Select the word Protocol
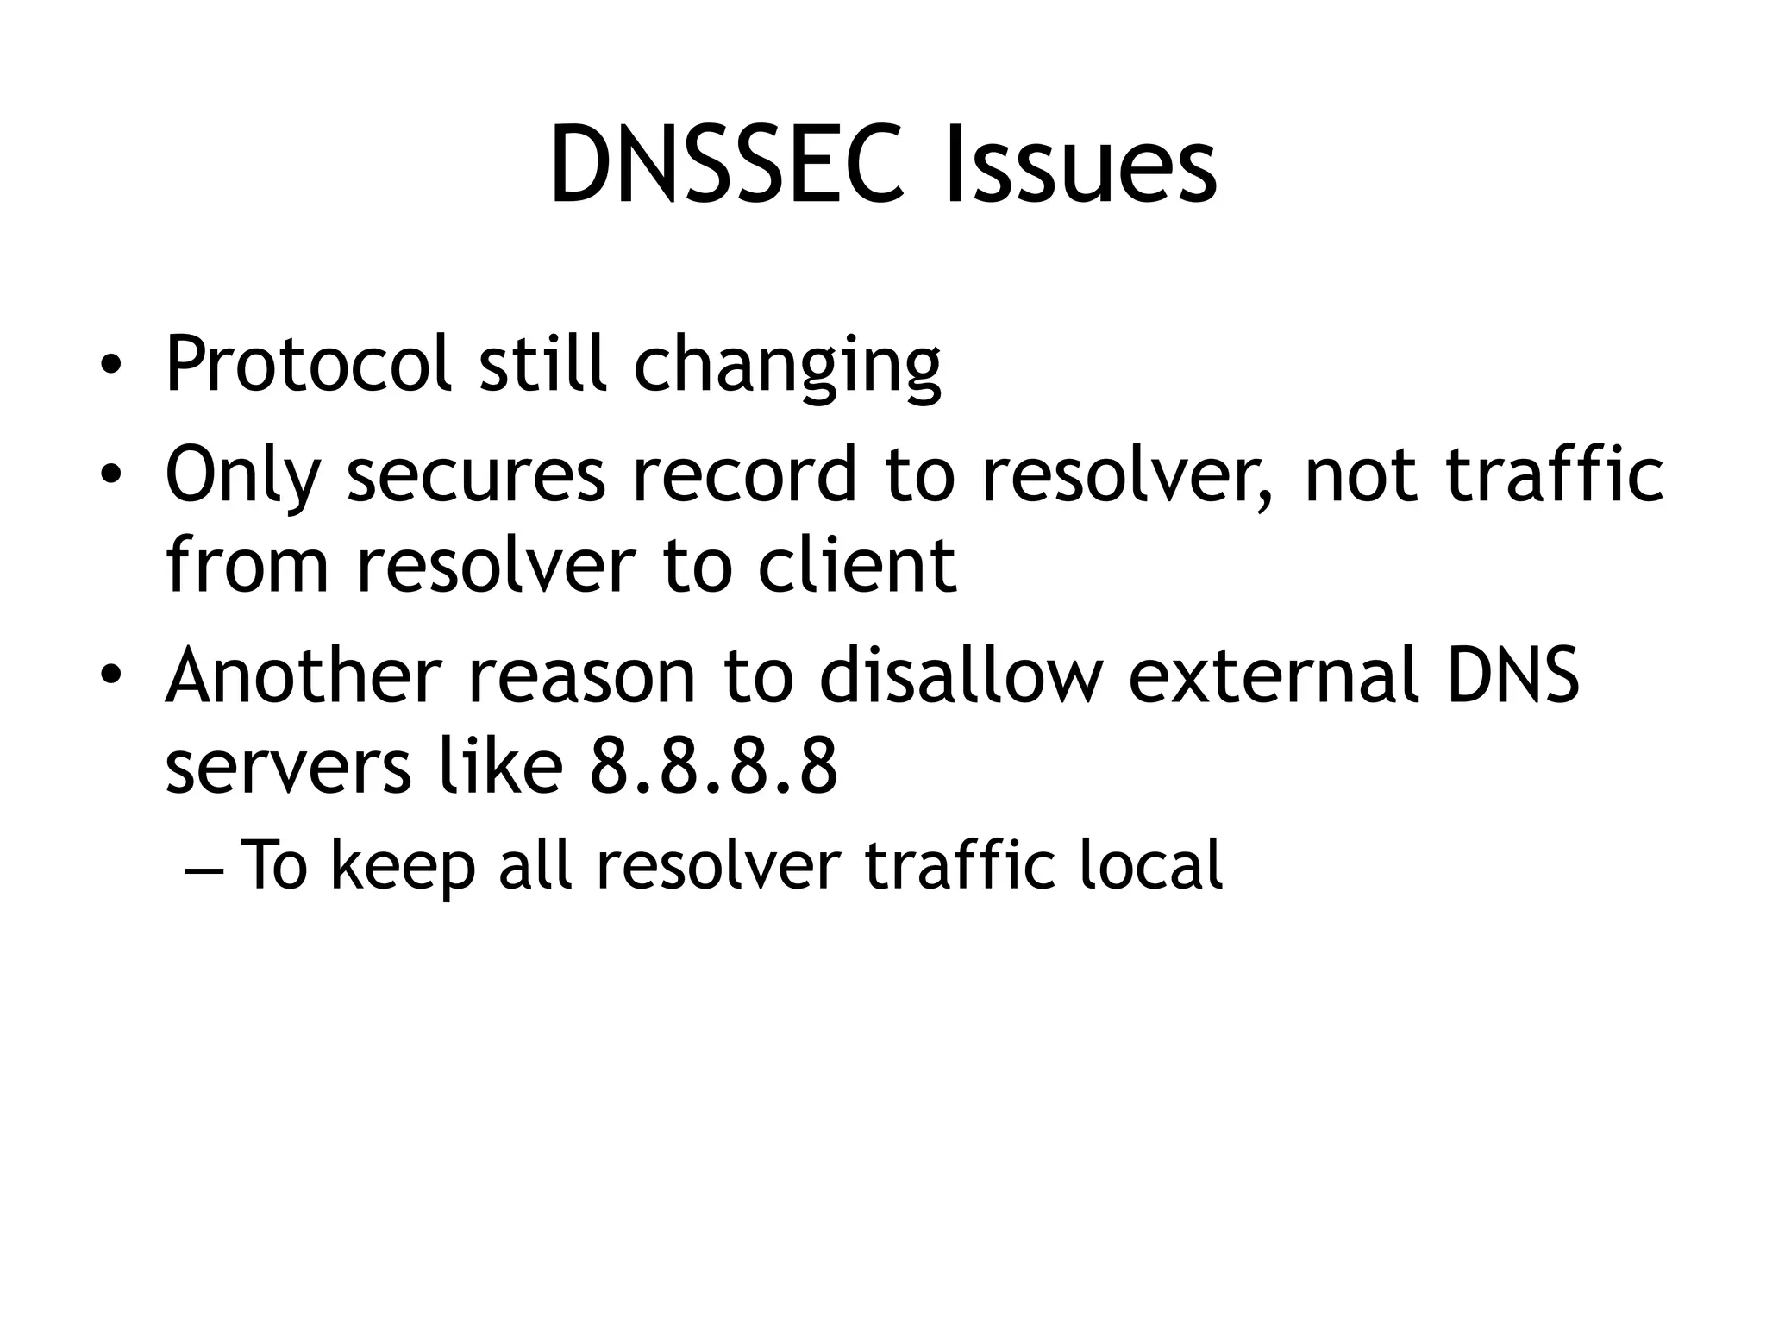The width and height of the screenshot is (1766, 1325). pos(308,364)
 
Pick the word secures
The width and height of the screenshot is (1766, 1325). pos(476,475)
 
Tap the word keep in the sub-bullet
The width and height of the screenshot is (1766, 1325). pos(403,866)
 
